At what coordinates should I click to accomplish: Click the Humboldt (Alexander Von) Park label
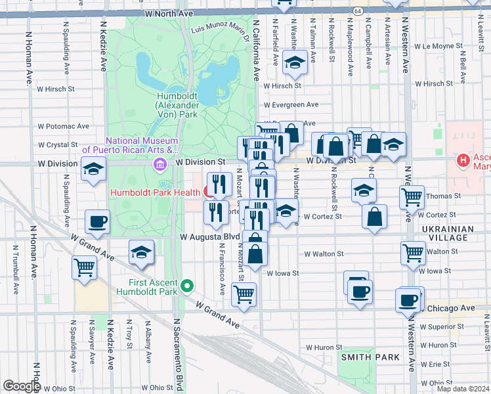[177, 104]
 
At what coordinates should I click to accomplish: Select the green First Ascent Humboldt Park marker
[187, 285]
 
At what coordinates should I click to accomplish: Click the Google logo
[22, 386]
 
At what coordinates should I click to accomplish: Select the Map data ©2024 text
[461, 389]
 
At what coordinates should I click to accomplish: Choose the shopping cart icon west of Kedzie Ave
[85, 267]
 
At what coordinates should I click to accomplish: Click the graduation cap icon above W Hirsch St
[295, 63]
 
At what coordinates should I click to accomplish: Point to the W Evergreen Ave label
[291, 104]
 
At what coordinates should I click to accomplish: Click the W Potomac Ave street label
[63, 126]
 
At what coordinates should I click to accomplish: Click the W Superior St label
[442, 326]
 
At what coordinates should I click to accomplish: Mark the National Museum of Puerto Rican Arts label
[133, 144]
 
